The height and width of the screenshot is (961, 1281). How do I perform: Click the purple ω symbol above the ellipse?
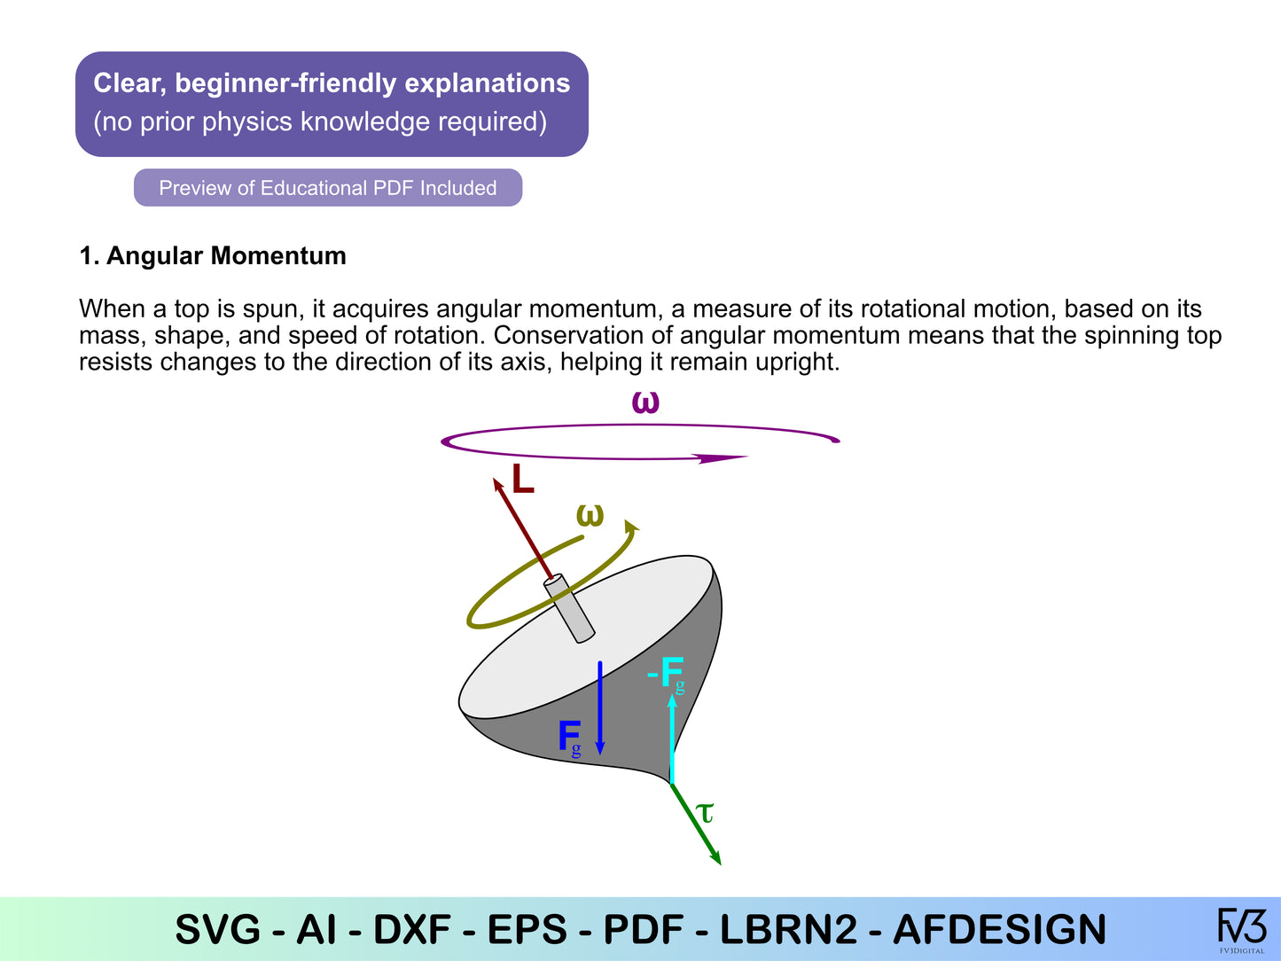pos(645,402)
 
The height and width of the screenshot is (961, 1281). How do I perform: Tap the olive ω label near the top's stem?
pos(590,515)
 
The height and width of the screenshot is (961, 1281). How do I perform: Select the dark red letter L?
pos(523,480)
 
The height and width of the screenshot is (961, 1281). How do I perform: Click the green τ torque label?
pos(705,812)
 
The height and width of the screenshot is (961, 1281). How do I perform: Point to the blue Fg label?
pos(570,738)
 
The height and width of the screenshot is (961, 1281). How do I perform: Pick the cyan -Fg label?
pos(666,674)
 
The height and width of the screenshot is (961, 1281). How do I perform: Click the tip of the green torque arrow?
pos(722,864)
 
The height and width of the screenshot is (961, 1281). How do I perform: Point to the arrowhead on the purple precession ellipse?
pos(723,458)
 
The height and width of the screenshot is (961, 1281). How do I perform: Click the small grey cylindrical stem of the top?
pos(570,608)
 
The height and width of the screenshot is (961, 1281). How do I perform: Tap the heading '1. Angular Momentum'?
pos(213,256)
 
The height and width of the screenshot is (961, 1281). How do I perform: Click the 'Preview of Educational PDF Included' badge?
pos(328,188)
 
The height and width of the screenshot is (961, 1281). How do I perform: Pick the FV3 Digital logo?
pos(1242,929)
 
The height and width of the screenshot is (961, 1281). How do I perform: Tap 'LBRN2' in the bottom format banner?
pos(788,929)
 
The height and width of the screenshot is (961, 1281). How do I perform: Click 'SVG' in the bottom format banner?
pos(218,929)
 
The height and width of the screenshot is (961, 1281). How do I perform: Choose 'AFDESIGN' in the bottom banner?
pos(999,929)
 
